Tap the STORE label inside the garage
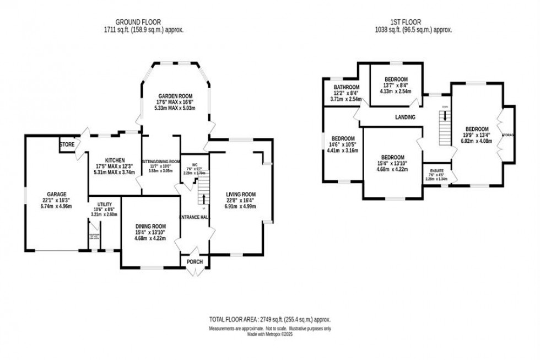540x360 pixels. point(67,145)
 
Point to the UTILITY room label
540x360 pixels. point(100,203)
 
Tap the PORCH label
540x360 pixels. point(195,262)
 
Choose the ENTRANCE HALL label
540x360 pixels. point(195,217)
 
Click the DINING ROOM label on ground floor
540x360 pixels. point(150,226)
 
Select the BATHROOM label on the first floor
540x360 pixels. point(346,87)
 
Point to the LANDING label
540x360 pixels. point(405,117)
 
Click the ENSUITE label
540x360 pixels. point(436,170)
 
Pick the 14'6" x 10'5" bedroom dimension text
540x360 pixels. point(342,145)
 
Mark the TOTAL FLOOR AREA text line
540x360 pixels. point(269,319)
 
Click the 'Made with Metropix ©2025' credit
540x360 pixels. point(269,334)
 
